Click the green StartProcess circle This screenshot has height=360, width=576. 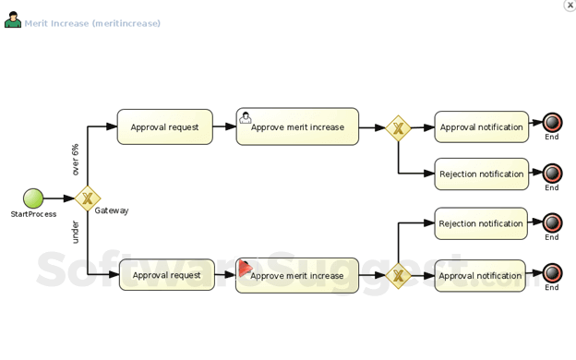click(33, 198)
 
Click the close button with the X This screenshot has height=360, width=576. click(570, 6)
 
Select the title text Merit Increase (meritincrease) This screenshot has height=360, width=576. click(92, 23)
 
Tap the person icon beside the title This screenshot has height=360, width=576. click(13, 20)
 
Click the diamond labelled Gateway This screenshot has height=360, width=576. click(88, 198)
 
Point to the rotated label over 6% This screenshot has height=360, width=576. click(76, 160)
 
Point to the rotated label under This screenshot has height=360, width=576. click(76, 232)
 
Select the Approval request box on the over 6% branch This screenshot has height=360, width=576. click(164, 127)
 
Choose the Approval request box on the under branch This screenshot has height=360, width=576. click(166, 275)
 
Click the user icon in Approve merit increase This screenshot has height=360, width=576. click(246, 117)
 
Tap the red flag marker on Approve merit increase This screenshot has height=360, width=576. click(246, 268)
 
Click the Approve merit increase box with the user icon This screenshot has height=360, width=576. click(297, 127)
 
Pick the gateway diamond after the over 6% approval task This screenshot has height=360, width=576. click(398, 128)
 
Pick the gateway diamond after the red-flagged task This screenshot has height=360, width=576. click(398, 275)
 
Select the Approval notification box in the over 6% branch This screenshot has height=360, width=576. click(481, 127)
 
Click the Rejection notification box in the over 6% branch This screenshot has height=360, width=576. click(481, 174)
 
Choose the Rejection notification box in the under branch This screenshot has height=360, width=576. click(481, 223)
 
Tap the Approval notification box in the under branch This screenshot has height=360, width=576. click(480, 275)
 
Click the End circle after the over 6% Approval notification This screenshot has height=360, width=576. click(552, 123)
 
